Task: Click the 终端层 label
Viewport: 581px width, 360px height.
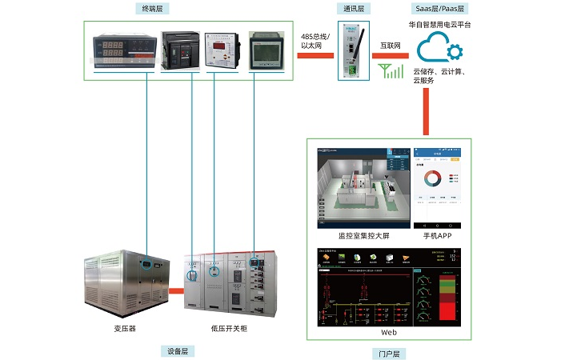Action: coord(151,8)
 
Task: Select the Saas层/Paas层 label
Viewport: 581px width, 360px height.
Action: coord(439,8)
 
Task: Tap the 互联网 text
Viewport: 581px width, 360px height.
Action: coord(391,47)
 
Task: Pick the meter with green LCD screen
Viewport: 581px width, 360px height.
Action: coord(266,51)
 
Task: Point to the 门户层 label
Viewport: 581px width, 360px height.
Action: coord(390,353)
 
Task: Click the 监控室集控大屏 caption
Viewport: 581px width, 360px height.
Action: coord(364,237)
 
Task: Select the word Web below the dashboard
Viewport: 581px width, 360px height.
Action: coord(389,331)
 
